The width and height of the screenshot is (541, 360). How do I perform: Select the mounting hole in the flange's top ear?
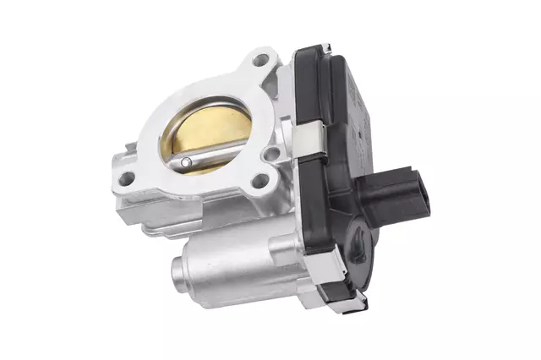[259, 60]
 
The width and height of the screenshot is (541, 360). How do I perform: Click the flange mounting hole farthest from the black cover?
[128, 178]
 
